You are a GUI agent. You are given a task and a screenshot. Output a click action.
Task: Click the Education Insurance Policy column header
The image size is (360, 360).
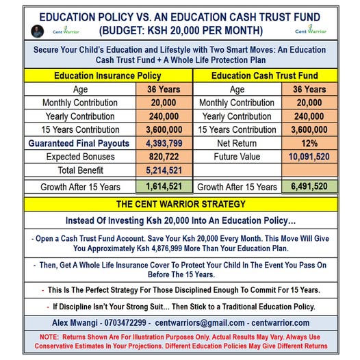pyautogui.click(x=99, y=76)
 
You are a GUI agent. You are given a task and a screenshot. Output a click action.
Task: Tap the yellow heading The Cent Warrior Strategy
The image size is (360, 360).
pyautogui.click(x=179, y=204)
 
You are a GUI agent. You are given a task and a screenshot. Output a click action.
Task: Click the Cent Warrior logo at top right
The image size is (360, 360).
pyautogui.click(x=311, y=30)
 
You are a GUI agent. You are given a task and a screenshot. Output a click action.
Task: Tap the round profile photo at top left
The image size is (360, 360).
pyautogui.click(x=38, y=31)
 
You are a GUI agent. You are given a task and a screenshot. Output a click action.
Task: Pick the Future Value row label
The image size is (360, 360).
pyautogui.click(x=237, y=156)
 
